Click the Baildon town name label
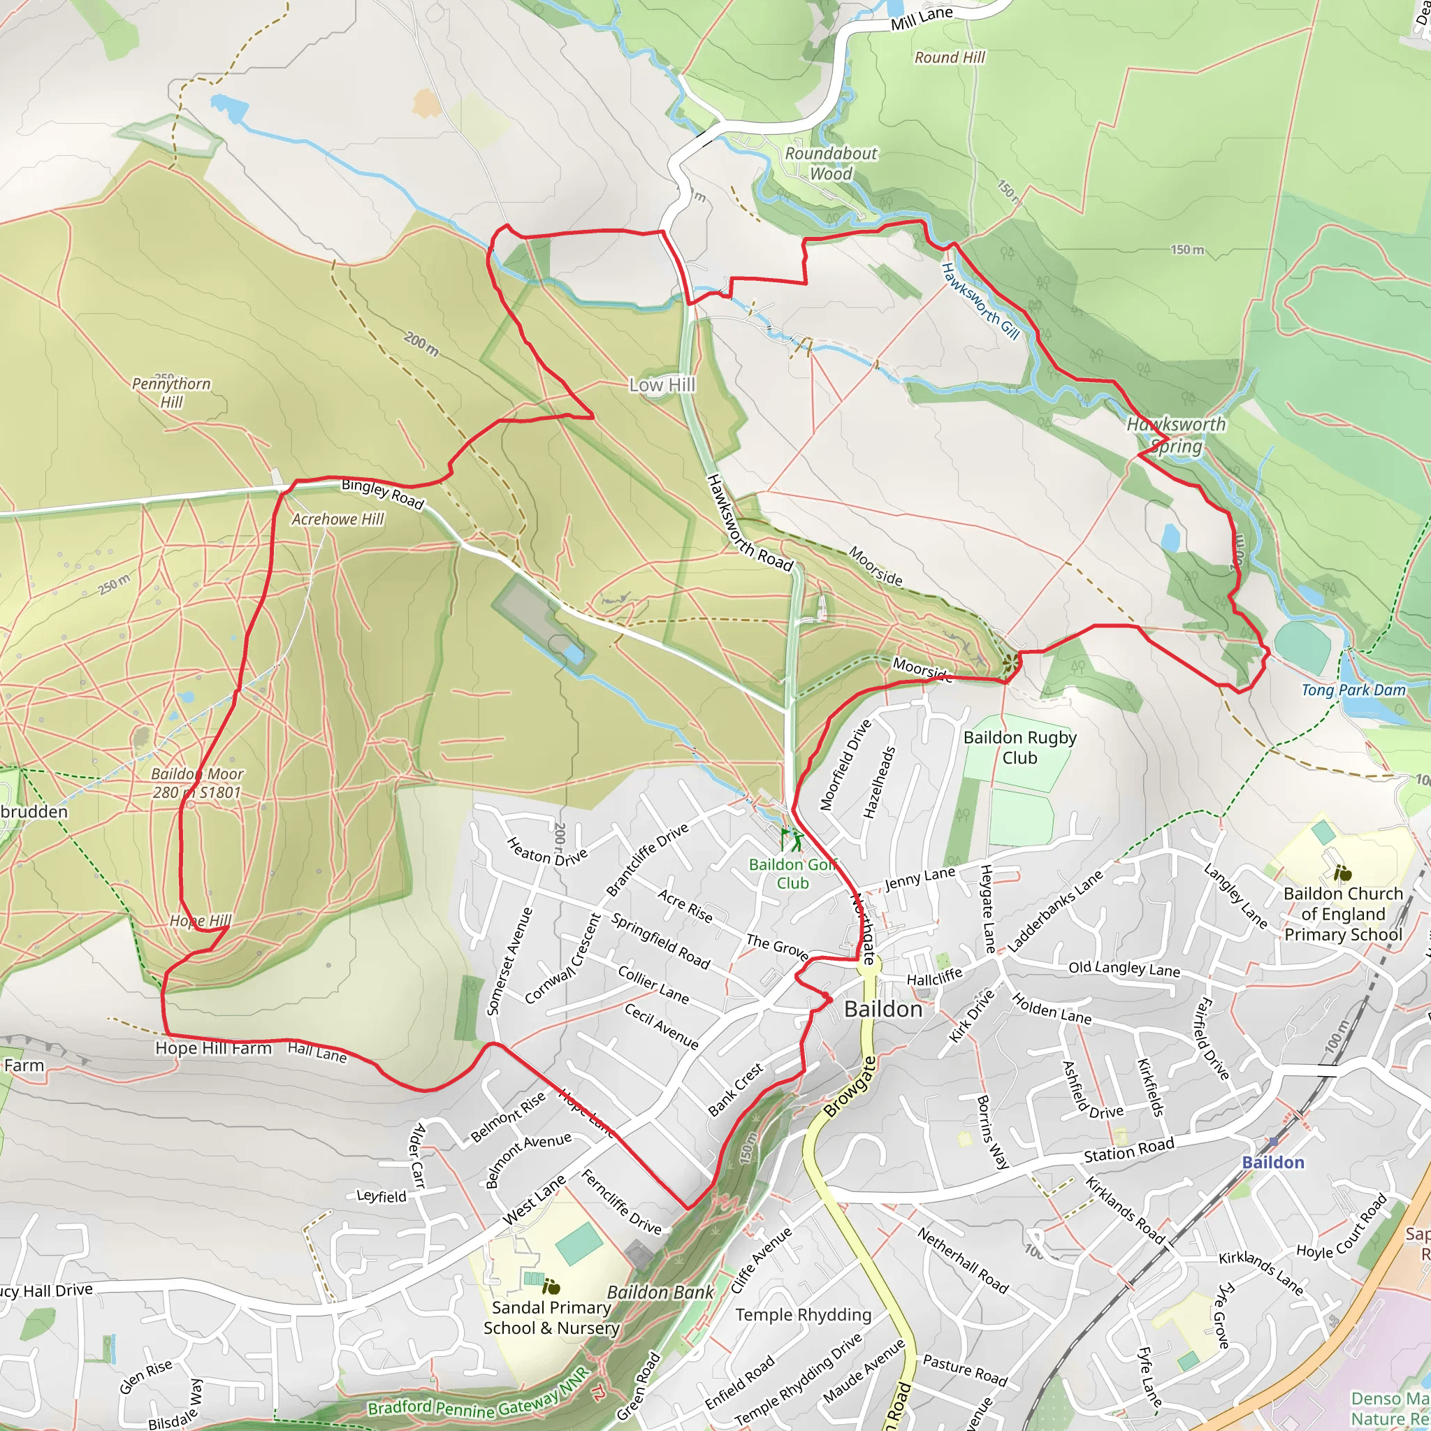click(x=883, y=1009)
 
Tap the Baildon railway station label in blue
click(x=1272, y=1162)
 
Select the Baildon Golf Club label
click(x=792, y=874)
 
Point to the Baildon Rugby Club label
click(x=1019, y=748)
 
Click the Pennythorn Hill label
click(x=171, y=393)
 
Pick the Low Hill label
click(x=662, y=385)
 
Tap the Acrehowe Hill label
click(x=337, y=519)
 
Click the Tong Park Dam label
click(x=1353, y=690)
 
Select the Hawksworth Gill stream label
click(x=980, y=301)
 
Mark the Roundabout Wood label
click(x=831, y=164)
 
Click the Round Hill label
click(x=950, y=58)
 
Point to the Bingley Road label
click(x=382, y=494)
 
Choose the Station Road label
click(x=1129, y=1150)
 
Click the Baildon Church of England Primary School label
click(x=1343, y=914)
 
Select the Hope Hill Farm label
click(x=213, y=1048)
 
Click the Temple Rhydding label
click(x=803, y=1315)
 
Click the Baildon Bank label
click(x=660, y=1293)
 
